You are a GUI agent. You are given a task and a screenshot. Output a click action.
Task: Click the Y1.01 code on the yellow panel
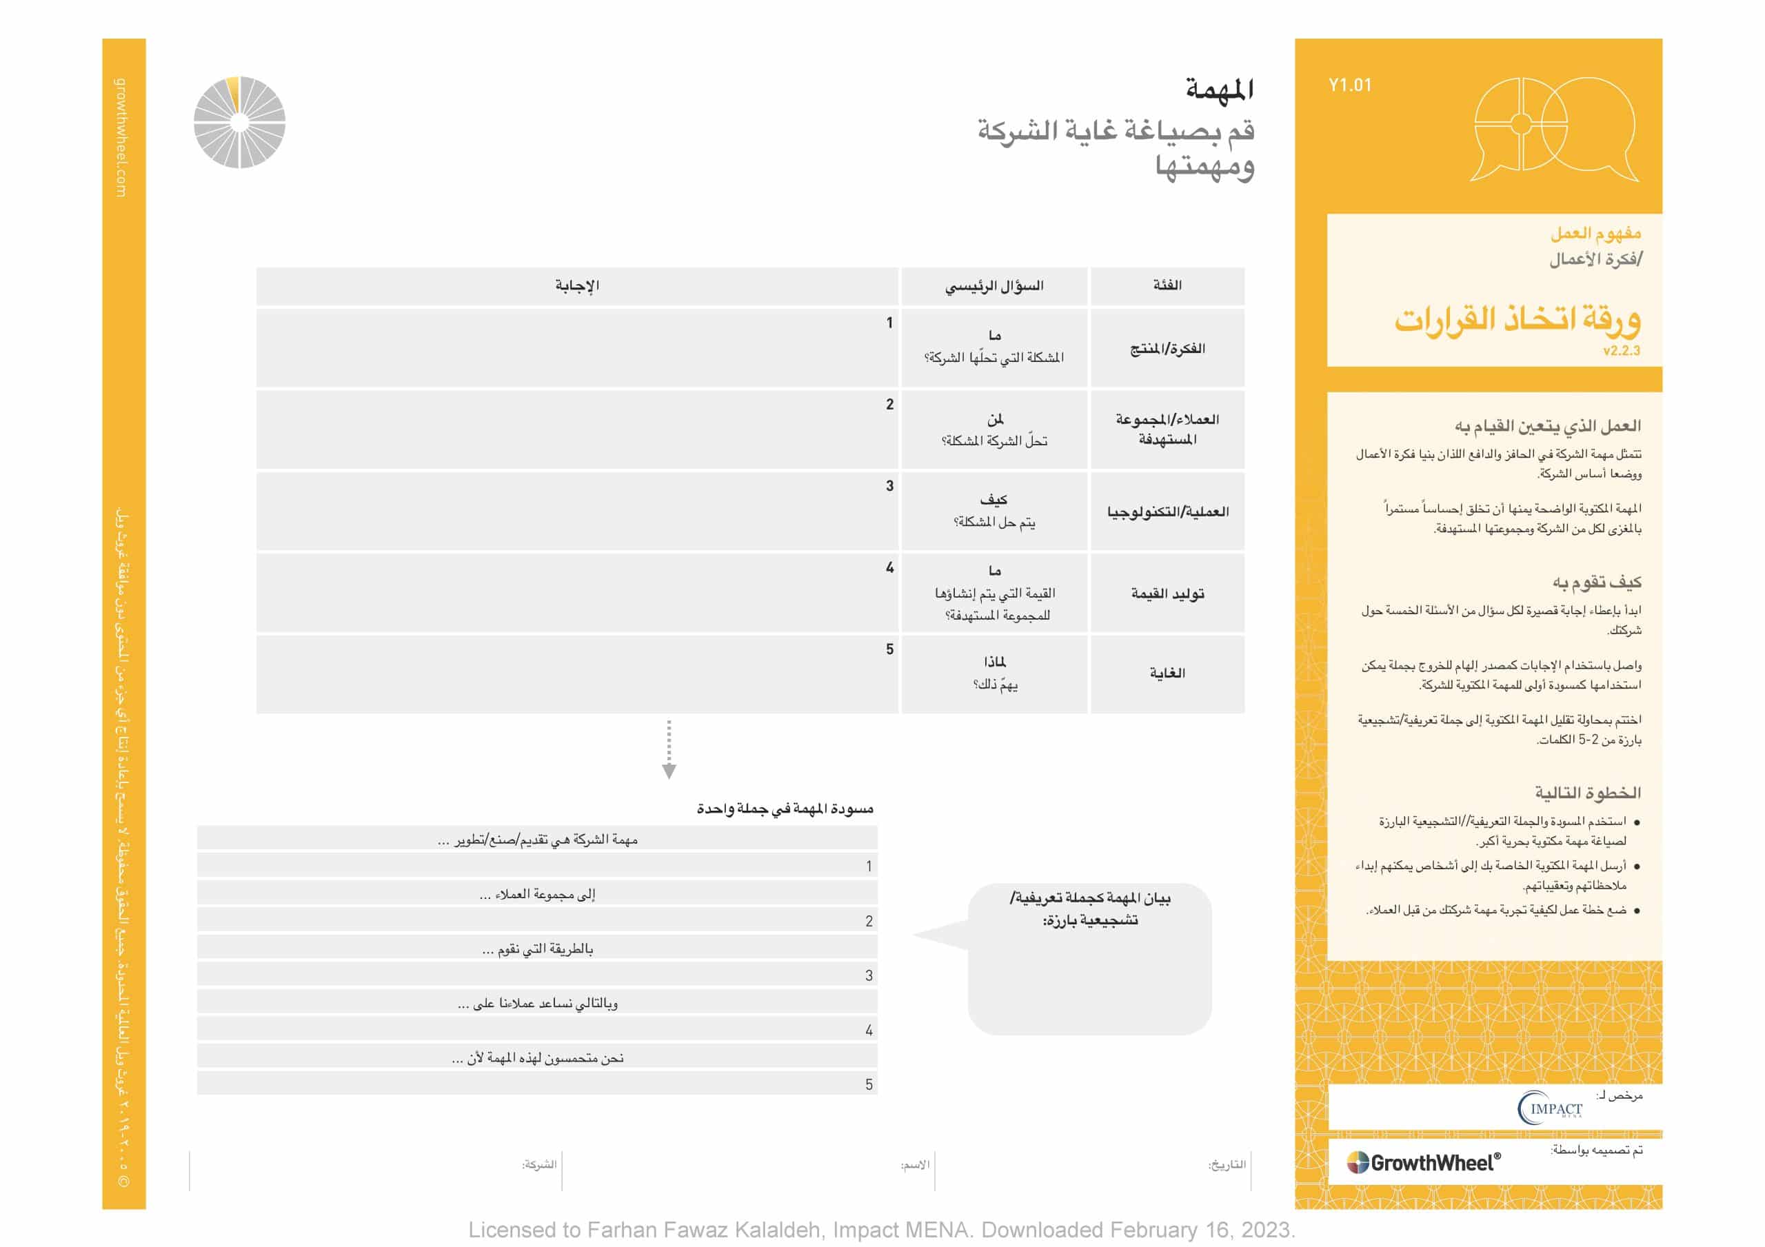point(1350,85)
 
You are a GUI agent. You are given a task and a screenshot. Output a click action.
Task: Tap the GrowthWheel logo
point(1423,1162)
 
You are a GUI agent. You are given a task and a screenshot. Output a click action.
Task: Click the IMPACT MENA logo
point(1550,1108)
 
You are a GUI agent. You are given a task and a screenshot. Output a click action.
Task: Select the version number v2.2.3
point(1621,352)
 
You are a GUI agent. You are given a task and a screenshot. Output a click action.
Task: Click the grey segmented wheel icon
point(239,122)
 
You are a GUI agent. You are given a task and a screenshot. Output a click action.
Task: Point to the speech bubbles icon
point(1553,129)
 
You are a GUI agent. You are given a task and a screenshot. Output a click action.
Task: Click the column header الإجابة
point(576,286)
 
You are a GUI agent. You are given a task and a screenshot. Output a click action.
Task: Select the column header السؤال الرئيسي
point(994,286)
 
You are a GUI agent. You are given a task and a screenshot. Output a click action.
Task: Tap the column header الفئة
point(1167,285)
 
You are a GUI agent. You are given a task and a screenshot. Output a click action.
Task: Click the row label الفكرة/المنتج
point(1167,349)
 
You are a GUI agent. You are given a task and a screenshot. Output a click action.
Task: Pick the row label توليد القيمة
point(1167,594)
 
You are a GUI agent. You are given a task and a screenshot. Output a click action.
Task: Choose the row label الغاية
point(1167,673)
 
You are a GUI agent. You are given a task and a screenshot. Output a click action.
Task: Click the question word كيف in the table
point(994,500)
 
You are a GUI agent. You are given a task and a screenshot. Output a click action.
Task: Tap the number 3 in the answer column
point(889,486)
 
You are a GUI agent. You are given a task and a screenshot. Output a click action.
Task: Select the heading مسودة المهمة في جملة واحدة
point(785,809)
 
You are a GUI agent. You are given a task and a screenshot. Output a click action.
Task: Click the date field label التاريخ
point(1227,1165)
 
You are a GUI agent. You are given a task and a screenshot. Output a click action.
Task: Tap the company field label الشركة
point(539,1165)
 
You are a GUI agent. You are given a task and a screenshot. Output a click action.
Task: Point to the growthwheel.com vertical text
point(121,138)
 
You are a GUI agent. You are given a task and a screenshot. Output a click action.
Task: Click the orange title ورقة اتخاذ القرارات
point(1517,318)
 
